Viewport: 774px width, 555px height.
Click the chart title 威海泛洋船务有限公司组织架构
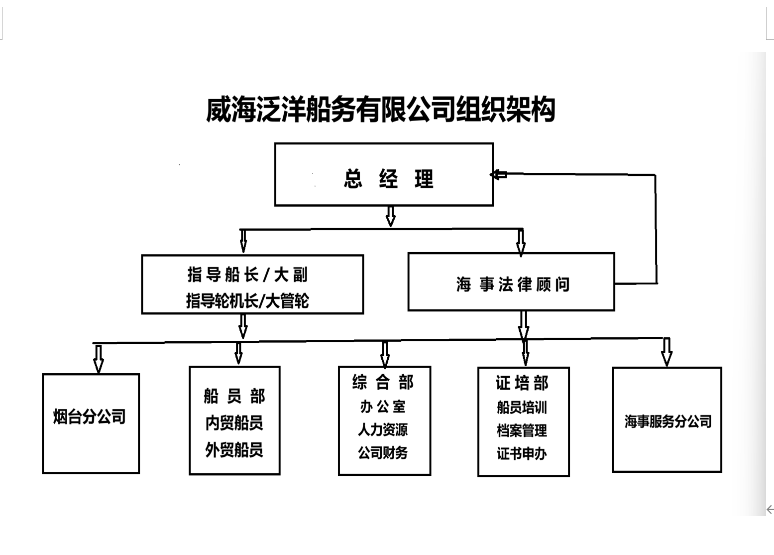tap(380, 110)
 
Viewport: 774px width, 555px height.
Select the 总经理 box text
tap(389, 179)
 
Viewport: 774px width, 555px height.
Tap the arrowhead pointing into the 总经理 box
tap(498, 174)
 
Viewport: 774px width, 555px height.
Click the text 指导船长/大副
tap(247, 275)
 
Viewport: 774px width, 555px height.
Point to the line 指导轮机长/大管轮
tap(247, 301)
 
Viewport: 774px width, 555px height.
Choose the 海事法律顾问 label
tap(513, 284)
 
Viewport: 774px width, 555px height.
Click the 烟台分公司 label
tap(90, 416)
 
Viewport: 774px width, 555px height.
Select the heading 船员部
tap(234, 397)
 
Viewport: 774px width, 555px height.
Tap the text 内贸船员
tap(234, 423)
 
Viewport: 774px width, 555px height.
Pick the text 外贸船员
tap(234, 450)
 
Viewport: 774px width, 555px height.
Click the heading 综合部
tap(383, 383)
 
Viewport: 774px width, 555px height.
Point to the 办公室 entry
tap(383, 407)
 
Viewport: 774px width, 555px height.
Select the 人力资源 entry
tap(383, 429)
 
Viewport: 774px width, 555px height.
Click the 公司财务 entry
tap(383, 453)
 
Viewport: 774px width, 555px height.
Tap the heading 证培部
tap(522, 383)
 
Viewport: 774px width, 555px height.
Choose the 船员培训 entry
tap(522, 408)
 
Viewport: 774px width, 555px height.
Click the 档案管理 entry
tap(522, 430)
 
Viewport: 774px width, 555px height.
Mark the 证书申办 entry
tap(522, 454)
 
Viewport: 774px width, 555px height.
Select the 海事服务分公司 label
tap(668, 421)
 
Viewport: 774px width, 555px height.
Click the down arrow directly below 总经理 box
tap(391, 216)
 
